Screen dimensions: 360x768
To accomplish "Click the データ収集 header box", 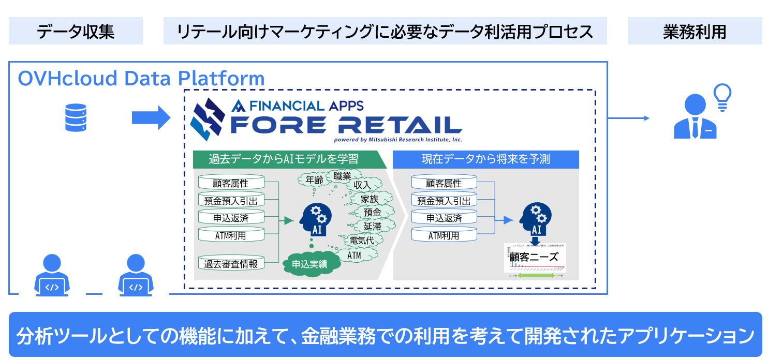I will (x=76, y=32).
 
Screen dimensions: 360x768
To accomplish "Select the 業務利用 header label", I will (x=694, y=32).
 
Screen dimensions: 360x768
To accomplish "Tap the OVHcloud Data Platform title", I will (x=141, y=79).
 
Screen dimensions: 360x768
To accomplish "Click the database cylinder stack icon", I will (x=76, y=117).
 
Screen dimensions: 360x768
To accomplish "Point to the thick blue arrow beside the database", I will (x=151, y=118).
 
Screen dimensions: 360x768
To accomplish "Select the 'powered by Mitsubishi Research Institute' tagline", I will (x=398, y=139).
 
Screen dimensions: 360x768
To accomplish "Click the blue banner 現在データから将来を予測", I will (x=485, y=159).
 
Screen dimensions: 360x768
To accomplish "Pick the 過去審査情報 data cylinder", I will (x=231, y=263).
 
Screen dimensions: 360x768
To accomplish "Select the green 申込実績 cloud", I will (x=309, y=264).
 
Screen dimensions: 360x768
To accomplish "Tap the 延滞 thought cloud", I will (x=372, y=226).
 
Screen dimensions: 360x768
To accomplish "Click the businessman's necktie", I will (x=695, y=126).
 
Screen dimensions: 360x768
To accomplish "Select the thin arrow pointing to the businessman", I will (x=628, y=118).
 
